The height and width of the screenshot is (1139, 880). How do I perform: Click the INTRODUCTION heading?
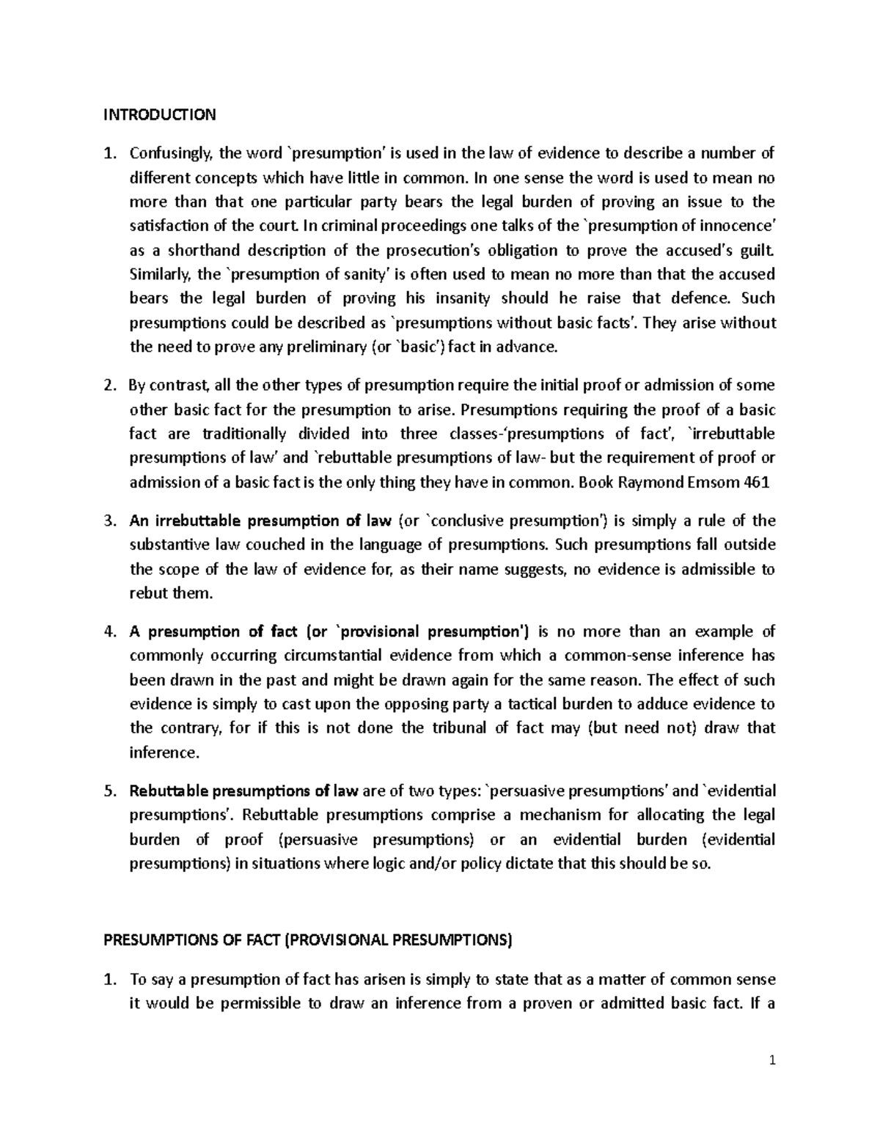(159, 114)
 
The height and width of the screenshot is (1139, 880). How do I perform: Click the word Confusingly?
(171, 153)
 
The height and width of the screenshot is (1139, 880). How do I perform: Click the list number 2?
(109, 386)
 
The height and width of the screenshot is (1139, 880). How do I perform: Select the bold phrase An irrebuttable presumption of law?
(260, 521)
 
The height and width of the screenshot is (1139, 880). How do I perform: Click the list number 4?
(109, 632)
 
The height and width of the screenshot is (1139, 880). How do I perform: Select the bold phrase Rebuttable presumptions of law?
(243, 791)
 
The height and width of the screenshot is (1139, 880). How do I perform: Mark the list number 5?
(109, 791)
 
